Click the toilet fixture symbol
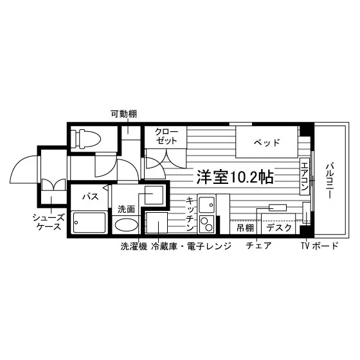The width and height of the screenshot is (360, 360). [x=85, y=139]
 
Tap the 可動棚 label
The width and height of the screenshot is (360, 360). [x=123, y=114]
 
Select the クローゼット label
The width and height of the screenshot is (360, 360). [x=166, y=136]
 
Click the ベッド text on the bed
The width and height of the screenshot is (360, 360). [x=267, y=142]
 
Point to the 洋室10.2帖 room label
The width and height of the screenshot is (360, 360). [x=235, y=177]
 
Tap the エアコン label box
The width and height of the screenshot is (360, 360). [x=305, y=177]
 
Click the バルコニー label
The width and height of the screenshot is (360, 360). [x=330, y=181]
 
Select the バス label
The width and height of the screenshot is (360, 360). [x=91, y=197]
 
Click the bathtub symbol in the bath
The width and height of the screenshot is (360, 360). [x=89, y=222]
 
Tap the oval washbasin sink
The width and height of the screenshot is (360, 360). [x=127, y=224]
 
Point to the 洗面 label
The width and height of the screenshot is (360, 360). [x=126, y=209]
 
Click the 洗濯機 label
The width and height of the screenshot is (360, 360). [x=134, y=246]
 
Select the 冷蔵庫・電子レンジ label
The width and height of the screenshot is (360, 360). [x=191, y=246]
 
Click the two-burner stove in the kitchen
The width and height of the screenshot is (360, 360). [x=206, y=224]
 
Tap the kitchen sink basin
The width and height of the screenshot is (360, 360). [x=206, y=204]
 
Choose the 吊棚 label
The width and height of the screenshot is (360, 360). [x=245, y=228]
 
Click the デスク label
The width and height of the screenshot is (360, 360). [x=279, y=228]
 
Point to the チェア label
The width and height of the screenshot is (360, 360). [x=258, y=246]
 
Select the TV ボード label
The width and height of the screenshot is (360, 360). [x=320, y=246]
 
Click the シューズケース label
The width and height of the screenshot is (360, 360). [x=48, y=222]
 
